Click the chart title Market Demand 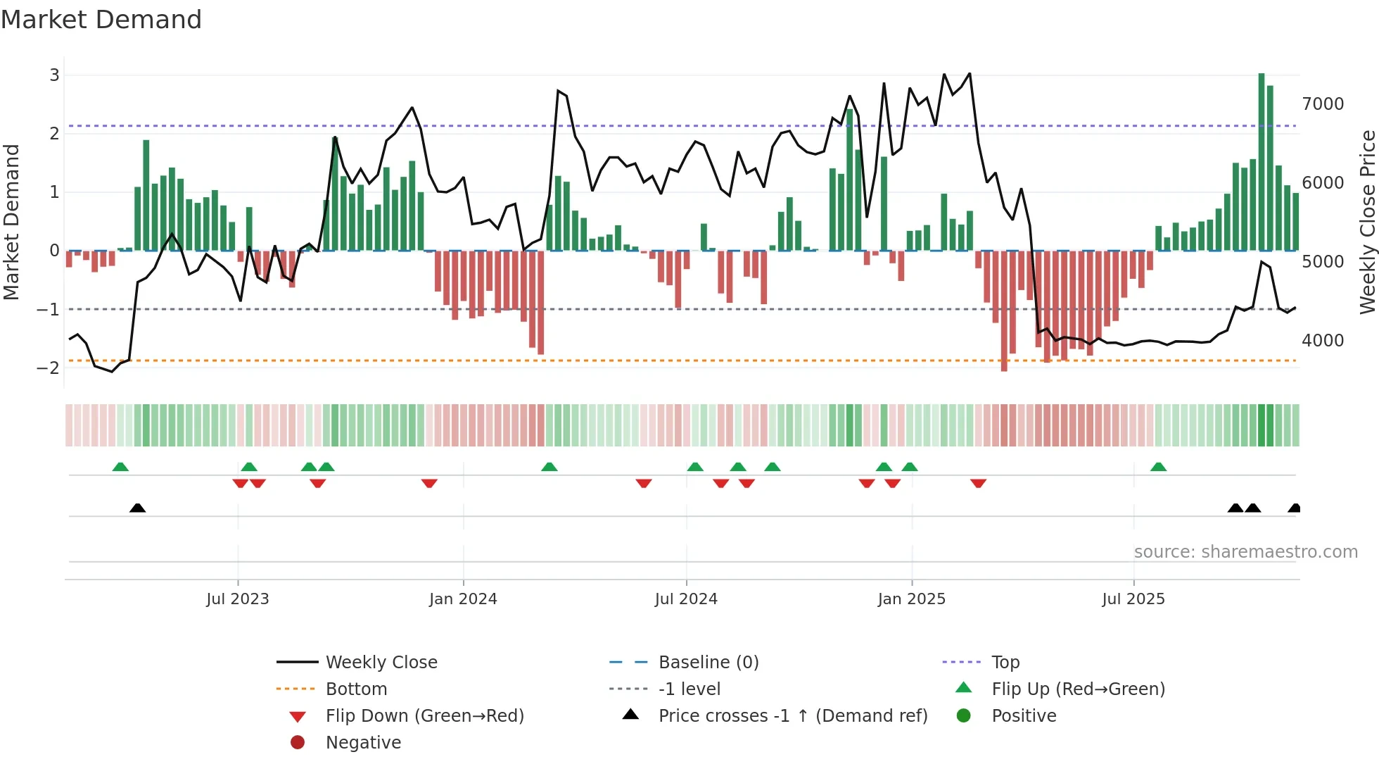click(101, 20)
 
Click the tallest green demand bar click(1262, 162)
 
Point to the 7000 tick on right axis click(1323, 104)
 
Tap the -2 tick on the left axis click(49, 368)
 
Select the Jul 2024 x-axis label click(686, 599)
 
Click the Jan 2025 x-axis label click(912, 599)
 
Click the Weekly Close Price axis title click(1367, 222)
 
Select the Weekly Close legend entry click(381, 663)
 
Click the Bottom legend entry click(356, 689)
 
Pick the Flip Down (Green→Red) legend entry click(424, 716)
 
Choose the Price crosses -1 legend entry click(792, 716)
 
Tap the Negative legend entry click(363, 743)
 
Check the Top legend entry click(1005, 663)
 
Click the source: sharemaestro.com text click(1245, 552)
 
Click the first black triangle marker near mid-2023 click(138, 508)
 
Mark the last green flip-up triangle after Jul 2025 click(1159, 467)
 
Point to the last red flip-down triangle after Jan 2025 click(978, 483)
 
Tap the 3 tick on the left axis click(54, 75)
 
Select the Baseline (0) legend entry click(708, 663)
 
